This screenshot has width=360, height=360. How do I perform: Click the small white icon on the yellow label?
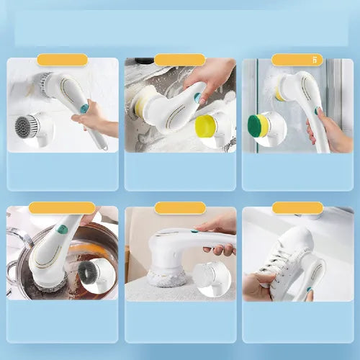[315, 60]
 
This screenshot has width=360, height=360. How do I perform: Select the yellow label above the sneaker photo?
[297, 208]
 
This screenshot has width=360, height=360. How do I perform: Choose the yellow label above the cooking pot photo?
[62, 208]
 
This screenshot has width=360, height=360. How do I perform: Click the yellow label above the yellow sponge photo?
[179, 60]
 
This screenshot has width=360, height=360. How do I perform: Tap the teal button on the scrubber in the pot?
[62, 230]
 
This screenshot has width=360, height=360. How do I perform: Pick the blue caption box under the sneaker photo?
[297, 321]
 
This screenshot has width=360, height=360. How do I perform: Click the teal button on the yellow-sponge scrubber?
[197, 96]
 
